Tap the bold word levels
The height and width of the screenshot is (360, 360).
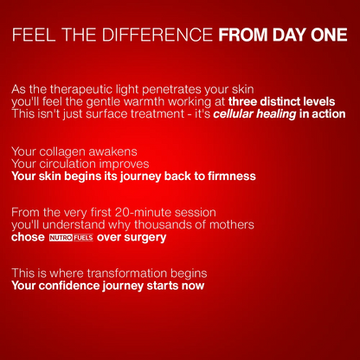tap(316, 101)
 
